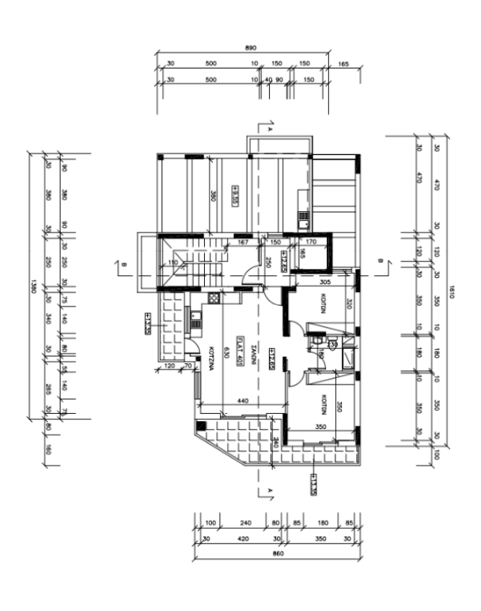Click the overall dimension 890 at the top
click(251, 48)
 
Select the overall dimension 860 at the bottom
click(276, 552)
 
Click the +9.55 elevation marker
click(235, 195)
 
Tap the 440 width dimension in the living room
click(242, 402)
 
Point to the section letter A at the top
click(270, 127)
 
